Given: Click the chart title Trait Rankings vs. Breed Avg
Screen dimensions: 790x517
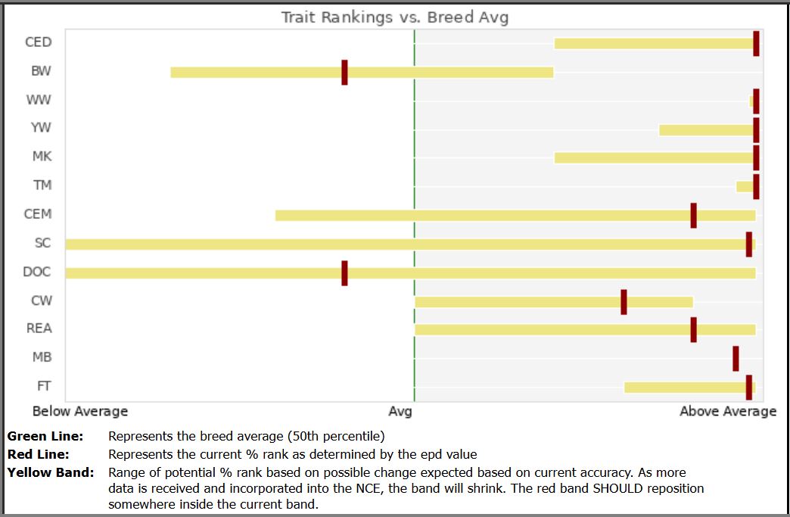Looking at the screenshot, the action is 394,17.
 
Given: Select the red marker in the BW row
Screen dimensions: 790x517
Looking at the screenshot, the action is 344,73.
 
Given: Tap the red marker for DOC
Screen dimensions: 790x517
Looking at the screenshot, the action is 344,273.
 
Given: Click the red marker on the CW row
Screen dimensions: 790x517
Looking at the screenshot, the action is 624,302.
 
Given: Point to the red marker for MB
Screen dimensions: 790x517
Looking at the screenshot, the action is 736,359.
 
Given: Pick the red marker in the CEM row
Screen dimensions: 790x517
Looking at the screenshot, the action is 694,216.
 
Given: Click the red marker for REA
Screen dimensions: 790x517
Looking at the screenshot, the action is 694,330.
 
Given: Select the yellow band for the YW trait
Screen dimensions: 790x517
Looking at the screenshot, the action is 706,130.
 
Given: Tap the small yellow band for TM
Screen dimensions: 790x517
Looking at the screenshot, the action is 745,187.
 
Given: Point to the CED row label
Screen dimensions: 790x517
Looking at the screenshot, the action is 39,42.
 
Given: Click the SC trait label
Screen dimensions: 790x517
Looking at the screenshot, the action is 43,243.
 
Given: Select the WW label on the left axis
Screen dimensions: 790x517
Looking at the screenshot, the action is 39,100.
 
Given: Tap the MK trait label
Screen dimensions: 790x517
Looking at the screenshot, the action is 42,156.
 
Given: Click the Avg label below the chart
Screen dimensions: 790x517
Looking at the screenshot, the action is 400,412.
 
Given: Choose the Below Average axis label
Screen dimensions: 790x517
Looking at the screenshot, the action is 80,411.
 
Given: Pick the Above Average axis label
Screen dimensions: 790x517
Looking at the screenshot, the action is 728,411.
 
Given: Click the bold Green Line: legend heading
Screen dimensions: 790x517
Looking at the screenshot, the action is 45,436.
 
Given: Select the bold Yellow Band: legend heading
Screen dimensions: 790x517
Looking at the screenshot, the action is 51,472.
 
